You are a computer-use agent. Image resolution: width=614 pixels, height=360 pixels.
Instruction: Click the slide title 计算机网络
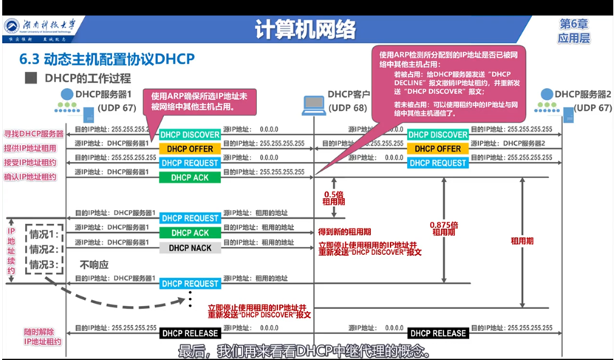pos(305,29)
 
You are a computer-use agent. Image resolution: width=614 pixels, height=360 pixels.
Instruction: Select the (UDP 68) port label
pos(347,108)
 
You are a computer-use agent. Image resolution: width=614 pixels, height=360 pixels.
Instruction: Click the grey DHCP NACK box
pos(190,247)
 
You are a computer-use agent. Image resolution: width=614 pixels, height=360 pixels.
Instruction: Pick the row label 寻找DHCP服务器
pos(34,133)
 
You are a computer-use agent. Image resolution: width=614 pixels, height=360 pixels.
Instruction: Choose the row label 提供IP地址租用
pos(34,148)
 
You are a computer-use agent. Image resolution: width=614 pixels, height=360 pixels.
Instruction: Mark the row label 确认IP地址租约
pos(34,177)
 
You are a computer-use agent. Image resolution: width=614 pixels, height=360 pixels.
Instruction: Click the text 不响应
pos(95,264)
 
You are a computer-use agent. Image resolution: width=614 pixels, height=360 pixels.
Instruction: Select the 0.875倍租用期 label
pos(443,228)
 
